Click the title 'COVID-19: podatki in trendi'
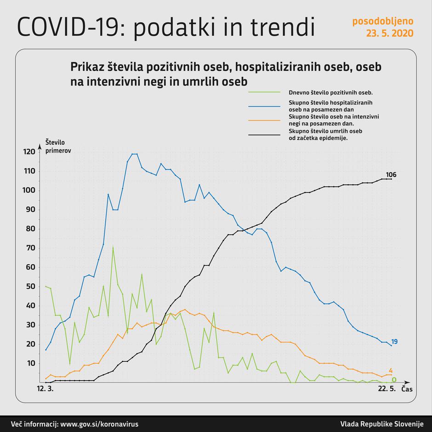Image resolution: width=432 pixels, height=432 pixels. coord(166,27)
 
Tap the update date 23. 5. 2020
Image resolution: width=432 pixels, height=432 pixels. coord(389,33)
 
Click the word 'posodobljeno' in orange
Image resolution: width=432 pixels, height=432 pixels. coord(382,21)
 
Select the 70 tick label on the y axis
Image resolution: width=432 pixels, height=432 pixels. coord(30,248)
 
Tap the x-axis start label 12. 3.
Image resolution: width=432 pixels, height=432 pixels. coord(45,389)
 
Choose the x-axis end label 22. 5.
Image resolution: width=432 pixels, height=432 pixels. coord(387,389)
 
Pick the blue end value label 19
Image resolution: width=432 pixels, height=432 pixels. coord(394,341)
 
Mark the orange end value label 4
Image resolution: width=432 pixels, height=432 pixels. coord(390,370)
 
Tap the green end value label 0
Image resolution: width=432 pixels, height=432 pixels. coord(394,380)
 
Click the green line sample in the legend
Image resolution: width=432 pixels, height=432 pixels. coord(264,92)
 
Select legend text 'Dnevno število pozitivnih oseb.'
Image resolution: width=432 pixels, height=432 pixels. coord(330,92)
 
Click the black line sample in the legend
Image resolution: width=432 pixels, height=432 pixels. coord(264,135)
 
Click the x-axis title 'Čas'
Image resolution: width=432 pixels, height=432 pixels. coord(406,389)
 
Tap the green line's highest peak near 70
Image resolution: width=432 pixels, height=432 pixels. coord(113,248)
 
